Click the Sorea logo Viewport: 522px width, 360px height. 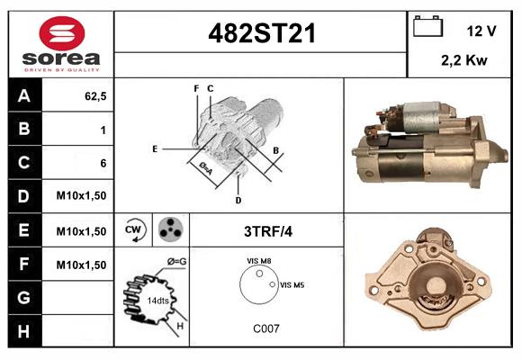pyautogui.click(x=60, y=44)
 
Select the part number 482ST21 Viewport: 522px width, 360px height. pyautogui.click(x=262, y=33)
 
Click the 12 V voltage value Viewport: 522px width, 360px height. pyautogui.click(x=481, y=31)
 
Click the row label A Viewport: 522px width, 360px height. pyautogui.click(x=23, y=95)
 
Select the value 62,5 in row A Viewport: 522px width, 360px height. pyautogui.click(x=95, y=95)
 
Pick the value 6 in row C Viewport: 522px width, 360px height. pyautogui.click(x=103, y=163)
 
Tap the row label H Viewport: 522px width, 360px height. pyautogui.click(x=23, y=331)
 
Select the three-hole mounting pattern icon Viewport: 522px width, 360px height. pyautogui.click(x=169, y=230)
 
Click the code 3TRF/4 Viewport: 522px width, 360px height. pyautogui.click(x=268, y=231)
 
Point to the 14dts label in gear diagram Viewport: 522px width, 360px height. pyautogui.click(x=157, y=300)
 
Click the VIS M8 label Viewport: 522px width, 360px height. pyautogui.click(x=259, y=260)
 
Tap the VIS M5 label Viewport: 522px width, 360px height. pyautogui.click(x=292, y=284)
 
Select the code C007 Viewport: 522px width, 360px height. pyautogui.click(x=265, y=328)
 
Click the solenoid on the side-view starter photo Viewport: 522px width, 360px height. pyautogui.click(x=421, y=117)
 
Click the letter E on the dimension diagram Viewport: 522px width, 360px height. pyautogui.click(x=155, y=148)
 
